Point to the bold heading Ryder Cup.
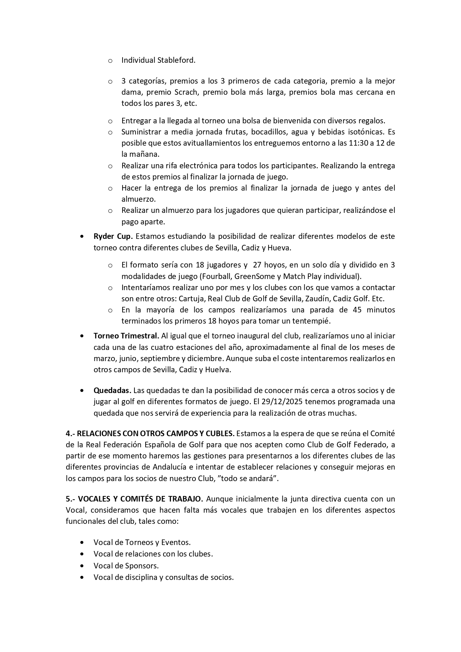(113, 236)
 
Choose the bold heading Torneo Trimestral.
(126, 336)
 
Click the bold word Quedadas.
(112, 390)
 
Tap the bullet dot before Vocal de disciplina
(82, 578)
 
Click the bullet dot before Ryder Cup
(82, 237)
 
